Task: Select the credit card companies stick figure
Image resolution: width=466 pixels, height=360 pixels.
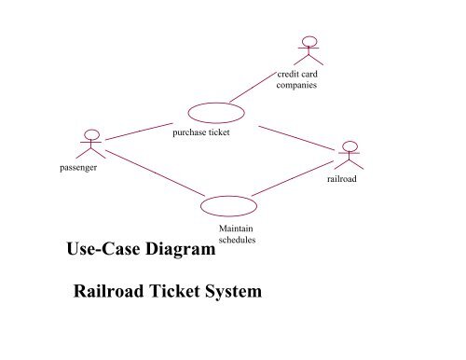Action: pyautogui.click(x=307, y=51)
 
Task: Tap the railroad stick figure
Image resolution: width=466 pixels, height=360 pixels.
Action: pyautogui.click(x=349, y=156)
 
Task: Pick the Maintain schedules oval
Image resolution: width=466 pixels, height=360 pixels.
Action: pyautogui.click(x=228, y=205)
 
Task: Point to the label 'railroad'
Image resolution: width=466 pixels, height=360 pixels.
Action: pyautogui.click(x=343, y=177)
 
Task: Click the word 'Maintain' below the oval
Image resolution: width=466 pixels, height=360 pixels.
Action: pyautogui.click(x=237, y=228)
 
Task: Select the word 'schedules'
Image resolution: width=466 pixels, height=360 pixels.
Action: pyautogui.click(x=237, y=239)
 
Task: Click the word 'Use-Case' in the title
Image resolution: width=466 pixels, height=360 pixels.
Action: pyautogui.click(x=103, y=249)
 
